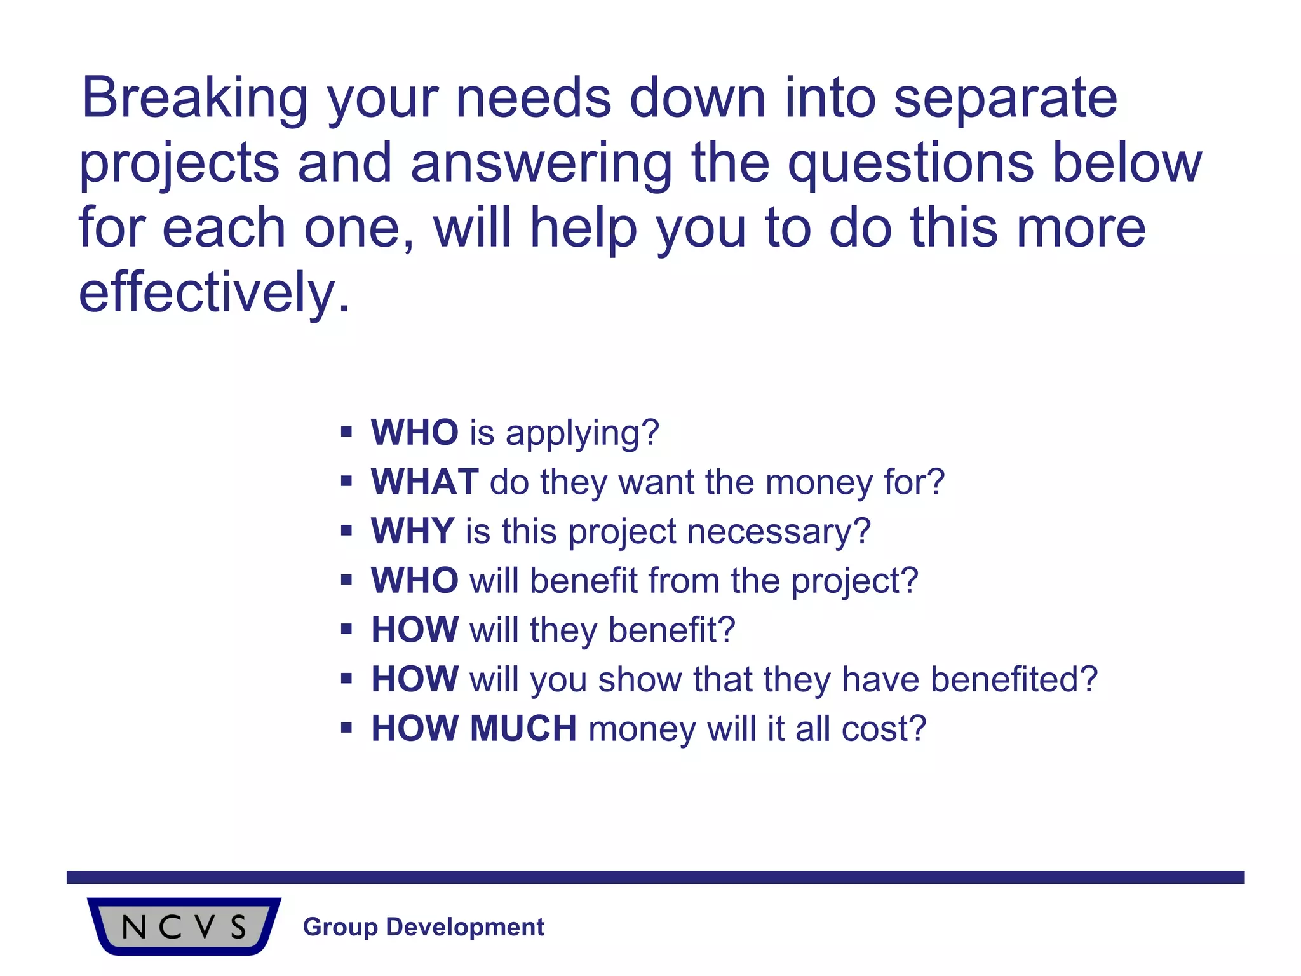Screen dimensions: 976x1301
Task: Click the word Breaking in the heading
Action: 194,98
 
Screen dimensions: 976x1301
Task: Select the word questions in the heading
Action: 911,164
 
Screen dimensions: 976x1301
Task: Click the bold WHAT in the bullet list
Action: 424,482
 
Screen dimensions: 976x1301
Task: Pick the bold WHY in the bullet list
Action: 412,531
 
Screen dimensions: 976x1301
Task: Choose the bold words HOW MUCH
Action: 474,728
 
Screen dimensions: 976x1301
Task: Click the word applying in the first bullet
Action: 583,433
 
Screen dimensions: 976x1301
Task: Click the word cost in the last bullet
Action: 883,728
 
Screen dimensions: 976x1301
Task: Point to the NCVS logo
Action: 184,926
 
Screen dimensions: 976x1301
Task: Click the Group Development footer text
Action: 424,927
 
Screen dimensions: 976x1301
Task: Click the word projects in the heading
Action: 179,164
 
